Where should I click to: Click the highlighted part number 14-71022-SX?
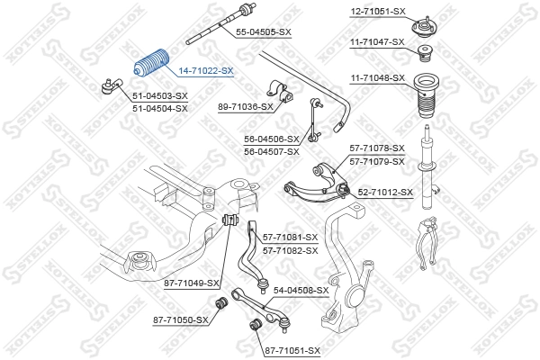point(205,70)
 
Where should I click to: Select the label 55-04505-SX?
point(263,31)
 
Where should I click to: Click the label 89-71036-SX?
point(245,107)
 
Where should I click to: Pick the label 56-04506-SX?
point(271,139)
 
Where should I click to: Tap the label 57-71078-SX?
point(377,148)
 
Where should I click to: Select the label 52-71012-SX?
point(385,192)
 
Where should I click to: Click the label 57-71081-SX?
point(291,237)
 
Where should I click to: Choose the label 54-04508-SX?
point(301,291)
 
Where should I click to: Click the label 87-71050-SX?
point(180,319)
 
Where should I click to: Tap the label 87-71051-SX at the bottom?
point(292,349)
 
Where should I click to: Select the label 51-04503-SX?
point(159,95)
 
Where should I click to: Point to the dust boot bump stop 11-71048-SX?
point(425,99)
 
